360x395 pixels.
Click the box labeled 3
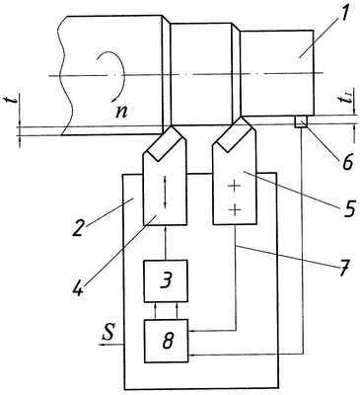(x=166, y=280)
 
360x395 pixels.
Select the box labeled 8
(x=167, y=341)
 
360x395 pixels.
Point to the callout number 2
(x=78, y=227)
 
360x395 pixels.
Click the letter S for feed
(x=108, y=333)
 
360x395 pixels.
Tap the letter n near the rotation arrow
(x=121, y=113)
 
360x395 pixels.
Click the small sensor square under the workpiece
(x=301, y=121)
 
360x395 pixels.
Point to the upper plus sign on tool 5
(x=234, y=187)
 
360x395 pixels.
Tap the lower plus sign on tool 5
(x=234, y=209)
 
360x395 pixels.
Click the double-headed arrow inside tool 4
(x=165, y=193)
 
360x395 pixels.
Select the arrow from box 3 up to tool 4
(x=166, y=243)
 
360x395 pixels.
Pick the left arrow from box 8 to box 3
(x=156, y=310)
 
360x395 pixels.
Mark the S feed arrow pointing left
(x=111, y=344)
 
